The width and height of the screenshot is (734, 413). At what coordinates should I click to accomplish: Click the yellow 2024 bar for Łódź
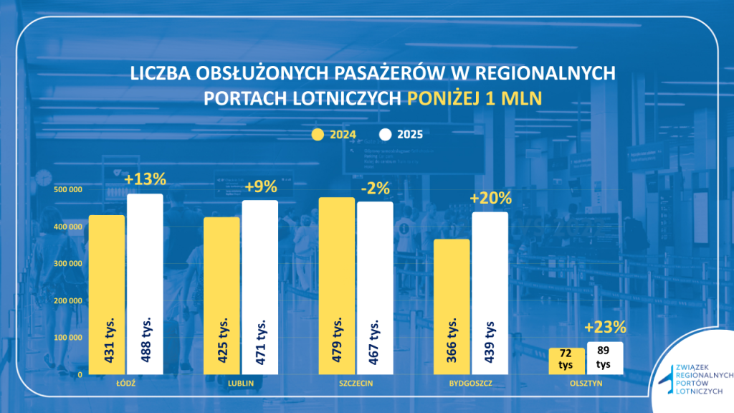[107, 294]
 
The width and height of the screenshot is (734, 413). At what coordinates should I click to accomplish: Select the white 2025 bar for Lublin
[259, 287]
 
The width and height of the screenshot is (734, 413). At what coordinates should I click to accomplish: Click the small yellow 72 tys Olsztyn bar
[566, 361]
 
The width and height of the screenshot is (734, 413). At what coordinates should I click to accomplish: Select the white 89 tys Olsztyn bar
[604, 358]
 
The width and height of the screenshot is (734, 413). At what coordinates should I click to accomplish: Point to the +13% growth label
[145, 179]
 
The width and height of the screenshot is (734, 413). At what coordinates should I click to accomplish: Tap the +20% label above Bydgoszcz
[490, 198]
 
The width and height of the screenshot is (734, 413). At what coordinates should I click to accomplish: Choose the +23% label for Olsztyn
[605, 327]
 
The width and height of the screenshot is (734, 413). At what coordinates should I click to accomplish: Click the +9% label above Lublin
[260, 186]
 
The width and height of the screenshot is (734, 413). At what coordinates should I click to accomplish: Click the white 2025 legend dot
[385, 134]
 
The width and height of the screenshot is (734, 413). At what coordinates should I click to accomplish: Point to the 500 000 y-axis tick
[68, 189]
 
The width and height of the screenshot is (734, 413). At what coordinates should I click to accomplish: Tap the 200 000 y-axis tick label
[68, 300]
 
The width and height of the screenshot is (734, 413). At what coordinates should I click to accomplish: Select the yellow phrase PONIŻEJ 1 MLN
[478, 98]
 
